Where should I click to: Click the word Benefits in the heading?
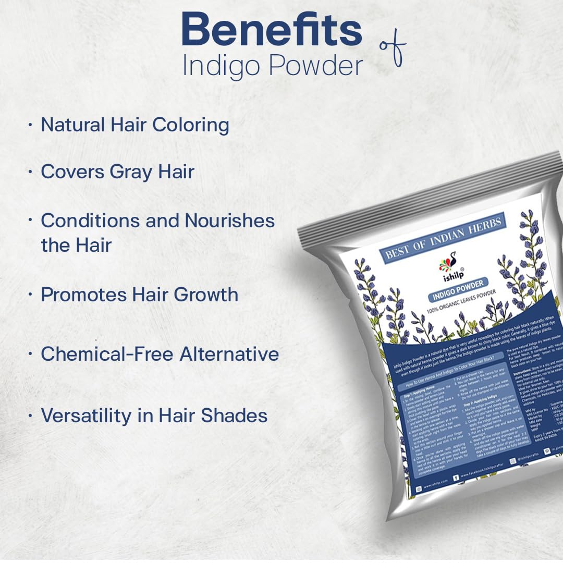pos(272,30)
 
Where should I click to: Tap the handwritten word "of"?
pos(392,52)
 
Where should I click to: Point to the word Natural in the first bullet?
pos(72,125)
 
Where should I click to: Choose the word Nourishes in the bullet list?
pos(230,221)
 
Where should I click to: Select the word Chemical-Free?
pos(107,354)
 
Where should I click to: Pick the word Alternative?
pos(229,354)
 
